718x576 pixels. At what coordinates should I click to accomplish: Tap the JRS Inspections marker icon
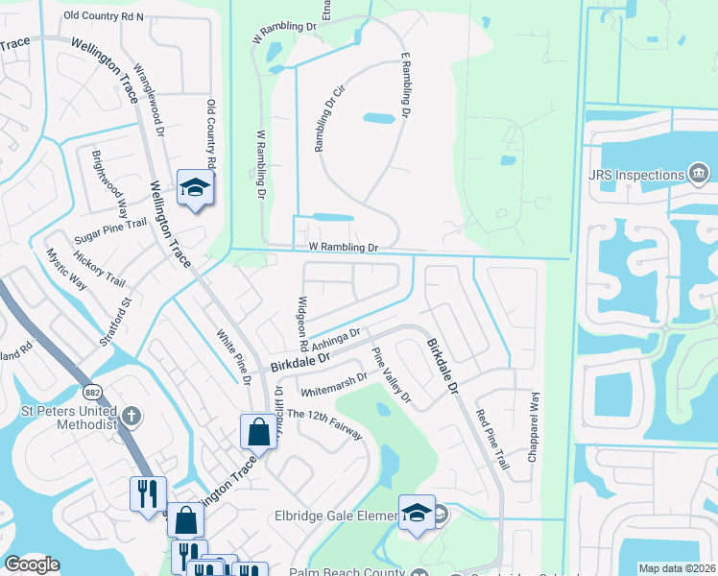point(699,173)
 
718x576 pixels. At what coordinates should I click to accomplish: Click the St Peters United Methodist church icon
point(132,416)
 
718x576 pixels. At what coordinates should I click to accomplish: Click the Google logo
point(32,564)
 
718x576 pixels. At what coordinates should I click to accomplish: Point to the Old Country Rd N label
point(103,16)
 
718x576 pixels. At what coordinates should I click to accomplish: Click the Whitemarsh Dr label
point(333,384)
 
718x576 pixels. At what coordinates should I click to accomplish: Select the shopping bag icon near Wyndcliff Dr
point(259,432)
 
